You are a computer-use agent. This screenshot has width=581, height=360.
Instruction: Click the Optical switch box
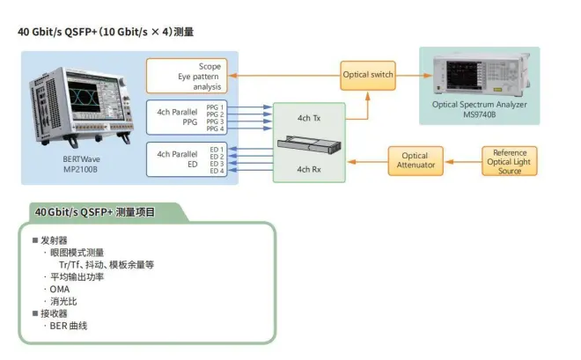[368, 75]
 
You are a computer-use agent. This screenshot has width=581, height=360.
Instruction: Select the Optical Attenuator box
[416, 160]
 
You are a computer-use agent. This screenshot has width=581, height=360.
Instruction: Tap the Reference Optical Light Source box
[510, 161]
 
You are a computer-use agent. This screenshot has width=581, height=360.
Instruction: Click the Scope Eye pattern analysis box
[187, 77]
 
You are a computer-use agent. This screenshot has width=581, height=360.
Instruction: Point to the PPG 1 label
[216, 107]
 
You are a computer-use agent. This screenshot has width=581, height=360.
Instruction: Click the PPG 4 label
[216, 129]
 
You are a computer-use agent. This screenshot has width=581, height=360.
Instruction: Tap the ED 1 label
[217, 149]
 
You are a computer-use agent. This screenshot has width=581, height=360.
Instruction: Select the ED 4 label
[217, 171]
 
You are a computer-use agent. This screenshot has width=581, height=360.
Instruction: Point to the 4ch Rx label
[310, 169]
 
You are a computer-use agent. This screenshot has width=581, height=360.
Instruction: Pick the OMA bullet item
[60, 289]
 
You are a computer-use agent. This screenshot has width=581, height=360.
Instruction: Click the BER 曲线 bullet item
[69, 326]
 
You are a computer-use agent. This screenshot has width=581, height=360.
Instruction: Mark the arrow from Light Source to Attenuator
[464, 161]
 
